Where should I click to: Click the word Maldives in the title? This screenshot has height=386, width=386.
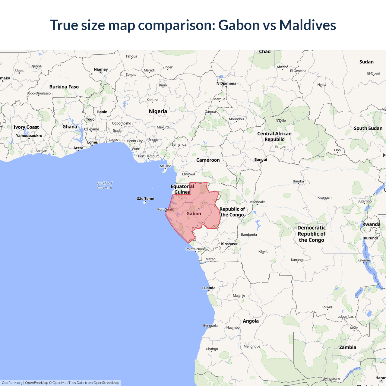click(307, 25)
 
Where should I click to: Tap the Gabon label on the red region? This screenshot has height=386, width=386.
click(194, 214)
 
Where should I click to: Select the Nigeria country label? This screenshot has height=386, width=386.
click(158, 111)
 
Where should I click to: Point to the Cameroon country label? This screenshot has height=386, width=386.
click(208, 160)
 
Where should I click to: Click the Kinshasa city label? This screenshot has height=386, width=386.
click(229, 244)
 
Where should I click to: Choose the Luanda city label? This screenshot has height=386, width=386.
click(209, 288)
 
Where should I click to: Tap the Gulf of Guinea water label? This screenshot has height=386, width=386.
click(105, 185)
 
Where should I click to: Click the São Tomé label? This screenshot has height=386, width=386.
click(145, 198)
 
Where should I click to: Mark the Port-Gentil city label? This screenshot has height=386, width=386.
click(165, 209)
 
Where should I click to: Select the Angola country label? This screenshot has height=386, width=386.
click(251, 321)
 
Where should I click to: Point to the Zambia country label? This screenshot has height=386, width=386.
click(347, 347)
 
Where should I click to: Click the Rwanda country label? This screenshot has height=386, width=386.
click(371, 224)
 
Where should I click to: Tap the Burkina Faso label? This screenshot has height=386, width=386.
click(64, 87)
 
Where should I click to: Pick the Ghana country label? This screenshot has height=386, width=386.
click(70, 127)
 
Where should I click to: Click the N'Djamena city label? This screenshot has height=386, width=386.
click(226, 83)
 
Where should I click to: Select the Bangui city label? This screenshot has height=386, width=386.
click(261, 160)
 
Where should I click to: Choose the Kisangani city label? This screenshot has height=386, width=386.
click(325, 198)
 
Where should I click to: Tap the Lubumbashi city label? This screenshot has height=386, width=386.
click(347, 316)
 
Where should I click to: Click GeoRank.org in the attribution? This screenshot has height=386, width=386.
click(12, 383)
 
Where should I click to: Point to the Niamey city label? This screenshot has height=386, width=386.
click(101, 69)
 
